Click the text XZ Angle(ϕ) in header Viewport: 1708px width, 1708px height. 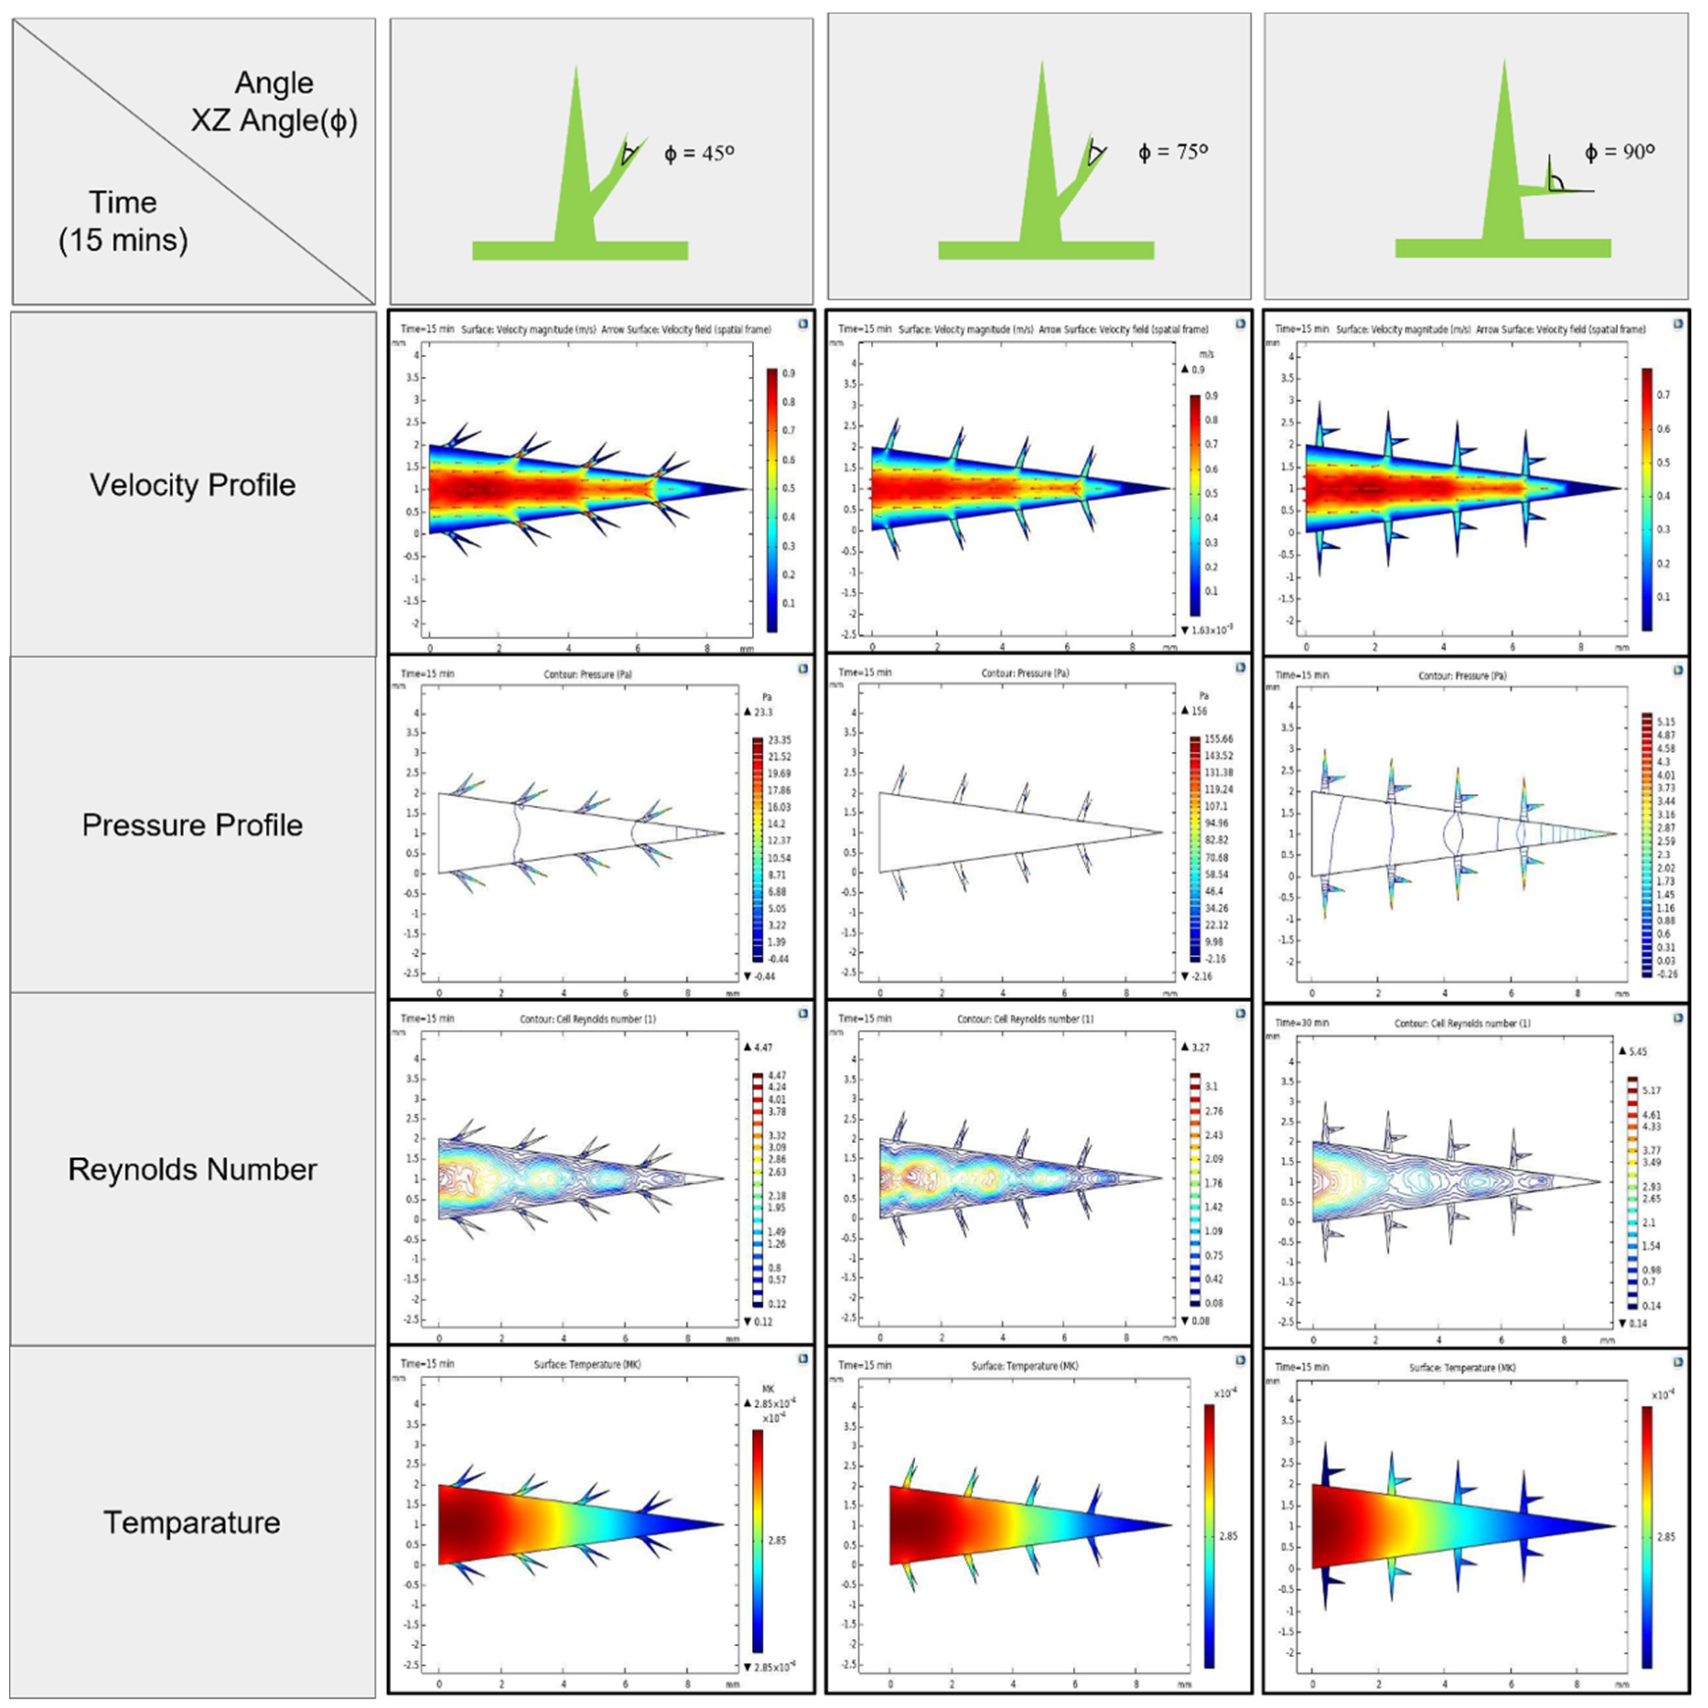click(274, 120)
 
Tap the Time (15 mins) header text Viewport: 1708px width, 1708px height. click(123, 221)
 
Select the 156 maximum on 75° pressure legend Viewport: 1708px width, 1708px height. click(1199, 711)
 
